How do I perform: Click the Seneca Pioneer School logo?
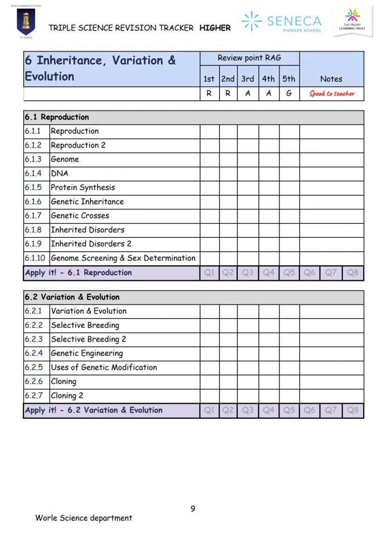[x=281, y=22]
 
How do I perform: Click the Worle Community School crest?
[x=26, y=22]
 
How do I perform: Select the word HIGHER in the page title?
[x=215, y=28]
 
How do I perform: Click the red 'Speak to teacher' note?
[x=331, y=94]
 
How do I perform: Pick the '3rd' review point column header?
[x=248, y=79]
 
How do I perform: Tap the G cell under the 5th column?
[x=289, y=93]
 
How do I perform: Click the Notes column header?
[x=331, y=79]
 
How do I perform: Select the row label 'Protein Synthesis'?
[x=83, y=187]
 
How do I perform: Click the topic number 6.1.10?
[x=35, y=258]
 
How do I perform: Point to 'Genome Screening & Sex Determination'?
[x=123, y=258]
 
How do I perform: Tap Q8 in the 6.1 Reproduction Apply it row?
[x=352, y=273]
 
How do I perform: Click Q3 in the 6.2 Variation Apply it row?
[x=248, y=410]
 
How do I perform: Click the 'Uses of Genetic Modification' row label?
[x=103, y=367]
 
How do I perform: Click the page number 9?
[x=193, y=509]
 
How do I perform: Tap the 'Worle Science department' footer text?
[x=83, y=518]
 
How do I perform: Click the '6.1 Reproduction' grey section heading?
[x=56, y=117]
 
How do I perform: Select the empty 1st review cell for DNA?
[x=209, y=173]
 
